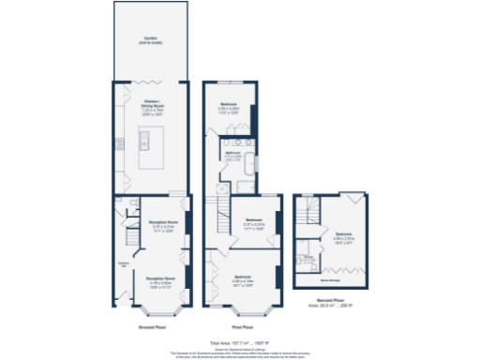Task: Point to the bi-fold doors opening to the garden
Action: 150,82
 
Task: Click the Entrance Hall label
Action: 123,265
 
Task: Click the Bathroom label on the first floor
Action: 232,157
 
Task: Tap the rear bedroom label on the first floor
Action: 230,105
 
